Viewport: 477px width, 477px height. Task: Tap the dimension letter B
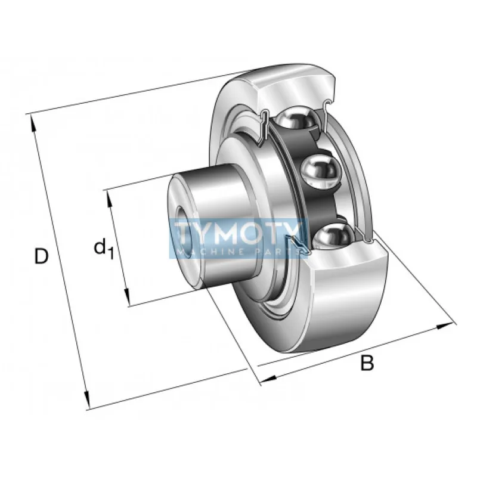coord(367,363)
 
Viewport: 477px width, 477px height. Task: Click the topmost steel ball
coord(296,119)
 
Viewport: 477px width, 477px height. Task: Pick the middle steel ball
coord(320,171)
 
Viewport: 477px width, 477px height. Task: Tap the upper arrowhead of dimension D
coord(33,123)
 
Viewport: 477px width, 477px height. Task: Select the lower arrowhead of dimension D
coord(87,400)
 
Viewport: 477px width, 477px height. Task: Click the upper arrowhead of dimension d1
coord(109,199)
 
